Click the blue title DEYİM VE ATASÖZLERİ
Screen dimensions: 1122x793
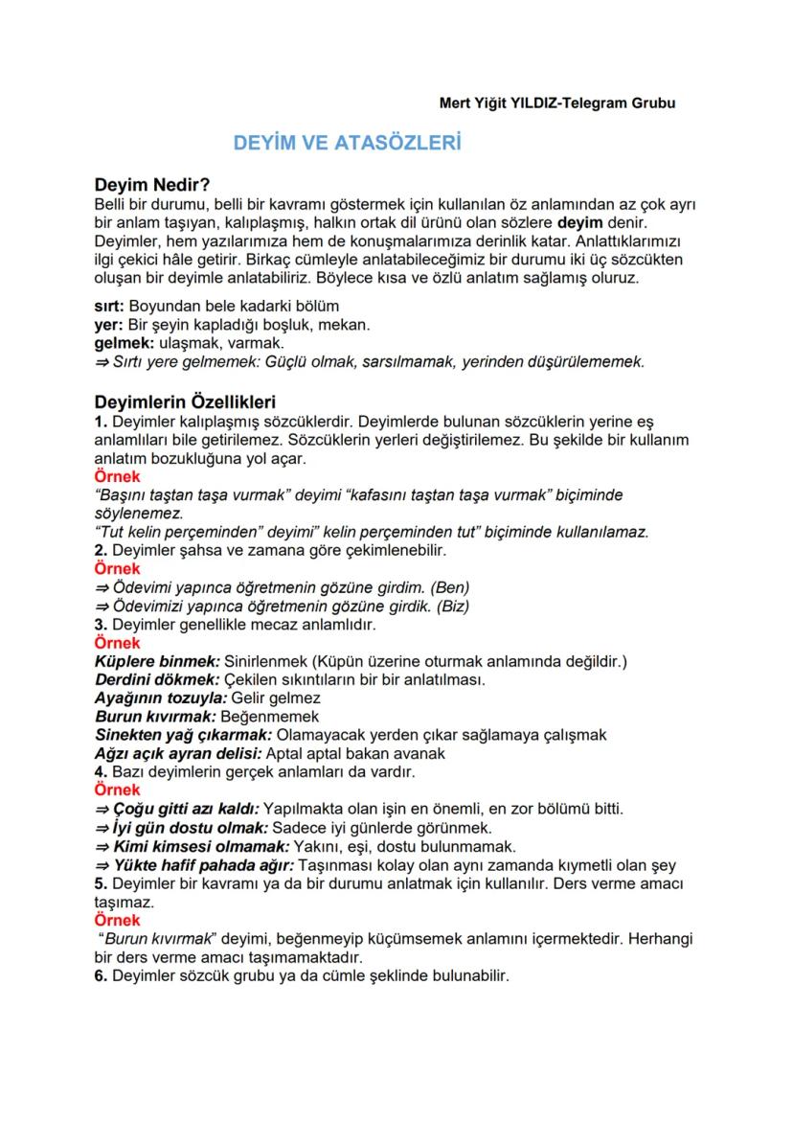[x=348, y=144]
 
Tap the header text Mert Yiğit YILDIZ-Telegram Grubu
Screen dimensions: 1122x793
[x=556, y=103]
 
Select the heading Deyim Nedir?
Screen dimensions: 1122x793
[x=152, y=184]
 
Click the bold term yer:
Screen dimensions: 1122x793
[x=109, y=325]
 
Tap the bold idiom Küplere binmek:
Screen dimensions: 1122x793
[x=158, y=661]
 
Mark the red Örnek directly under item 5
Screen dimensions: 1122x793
[x=118, y=920]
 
